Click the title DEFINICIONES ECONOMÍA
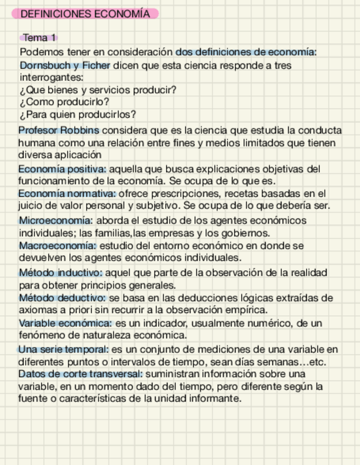point(85,14)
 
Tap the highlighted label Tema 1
point(40,38)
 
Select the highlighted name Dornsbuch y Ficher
point(65,66)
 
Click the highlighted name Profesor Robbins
point(59,131)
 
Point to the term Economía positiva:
point(62,169)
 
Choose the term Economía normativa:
point(67,194)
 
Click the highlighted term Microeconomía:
point(55,220)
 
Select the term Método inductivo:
point(60,273)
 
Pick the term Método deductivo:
point(63,298)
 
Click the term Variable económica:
point(65,324)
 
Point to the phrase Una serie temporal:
point(63,349)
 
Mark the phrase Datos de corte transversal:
point(80,374)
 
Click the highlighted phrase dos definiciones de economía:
point(246,53)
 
